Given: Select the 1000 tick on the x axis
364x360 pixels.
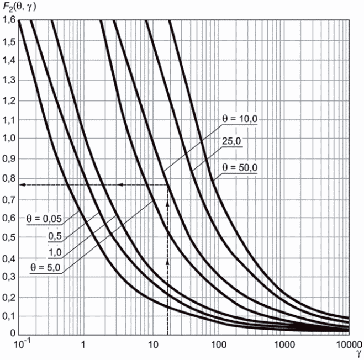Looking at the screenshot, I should coord(282,345).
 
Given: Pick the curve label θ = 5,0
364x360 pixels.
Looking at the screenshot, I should coord(46,269).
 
